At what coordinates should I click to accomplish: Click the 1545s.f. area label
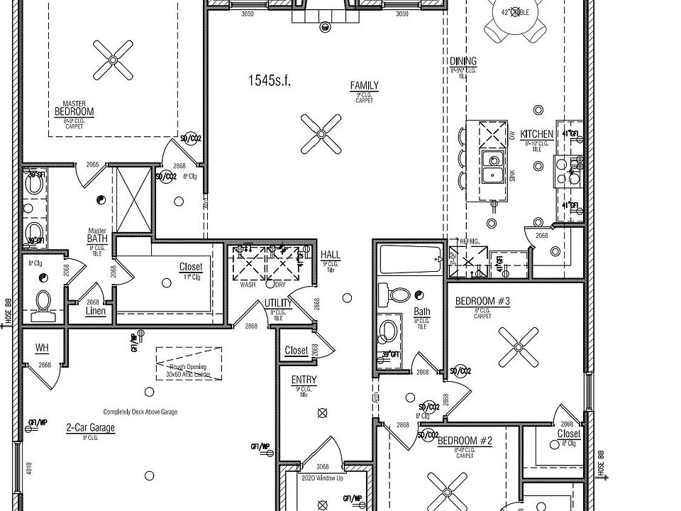click(270, 80)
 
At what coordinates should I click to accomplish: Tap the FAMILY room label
click(364, 86)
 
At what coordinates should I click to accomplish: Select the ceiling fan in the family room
click(321, 133)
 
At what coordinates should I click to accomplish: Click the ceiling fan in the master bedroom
click(113, 60)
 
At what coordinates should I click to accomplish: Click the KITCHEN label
click(536, 134)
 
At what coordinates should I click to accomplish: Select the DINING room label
click(463, 62)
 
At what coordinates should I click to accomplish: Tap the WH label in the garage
click(42, 348)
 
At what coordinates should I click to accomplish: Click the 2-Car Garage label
click(90, 428)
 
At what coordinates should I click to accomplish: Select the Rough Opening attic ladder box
click(184, 363)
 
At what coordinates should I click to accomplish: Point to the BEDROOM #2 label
click(465, 441)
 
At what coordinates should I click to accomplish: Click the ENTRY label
click(304, 380)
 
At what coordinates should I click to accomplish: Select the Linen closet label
click(95, 311)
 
